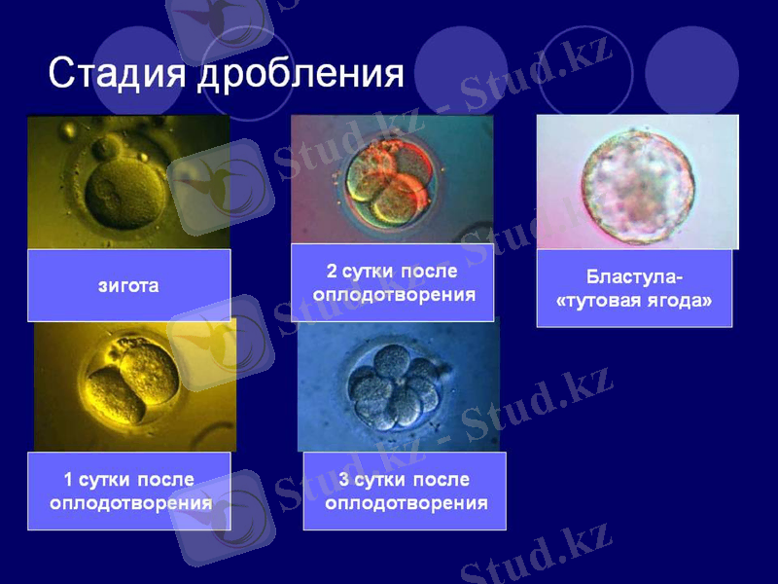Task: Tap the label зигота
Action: coord(128,286)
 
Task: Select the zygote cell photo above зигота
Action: coord(128,182)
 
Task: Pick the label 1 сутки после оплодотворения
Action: coord(129,492)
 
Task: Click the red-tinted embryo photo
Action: coord(392,179)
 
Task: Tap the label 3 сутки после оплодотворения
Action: coord(405,492)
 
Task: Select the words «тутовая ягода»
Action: coord(634,301)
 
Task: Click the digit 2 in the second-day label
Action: coord(332,271)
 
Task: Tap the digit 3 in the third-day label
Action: coord(344,480)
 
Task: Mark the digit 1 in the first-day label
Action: coord(68,480)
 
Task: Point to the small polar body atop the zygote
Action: coord(105,149)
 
